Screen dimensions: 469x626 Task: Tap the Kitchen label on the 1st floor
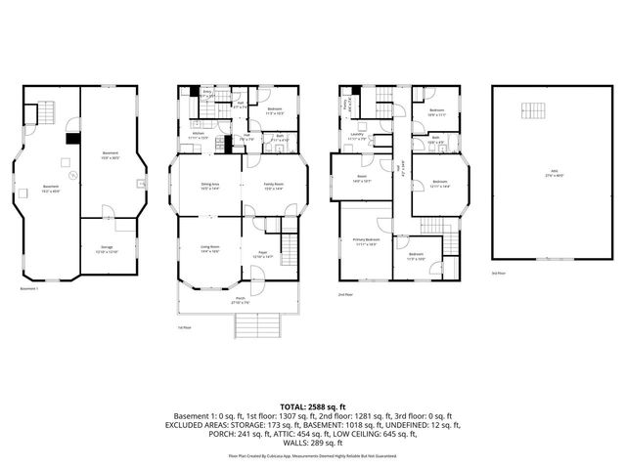pyautogui.click(x=198, y=138)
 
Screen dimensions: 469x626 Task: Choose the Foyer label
pyautogui.click(x=263, y=254)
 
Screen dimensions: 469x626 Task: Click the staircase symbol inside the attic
pyautogui.click(x=534, y=109)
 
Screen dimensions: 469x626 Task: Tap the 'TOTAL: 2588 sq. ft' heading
pyautogui.click(x=313, y=405)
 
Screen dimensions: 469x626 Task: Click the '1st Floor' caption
pyautogui.click(x=184, y=327)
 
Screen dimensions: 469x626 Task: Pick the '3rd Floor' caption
pyautogui.click(x=498, y=274)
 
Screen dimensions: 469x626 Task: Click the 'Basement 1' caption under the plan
pyautogui.click(x=29, y=289)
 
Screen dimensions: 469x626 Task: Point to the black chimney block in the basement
pyautogui.click(x=69, y=138)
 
